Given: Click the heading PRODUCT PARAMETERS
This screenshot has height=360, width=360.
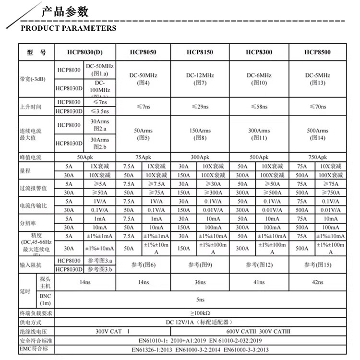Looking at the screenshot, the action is coord(69,28).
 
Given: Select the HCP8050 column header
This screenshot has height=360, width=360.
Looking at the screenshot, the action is coord(143,52).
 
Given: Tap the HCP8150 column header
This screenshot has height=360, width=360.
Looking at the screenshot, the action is coord(200,52).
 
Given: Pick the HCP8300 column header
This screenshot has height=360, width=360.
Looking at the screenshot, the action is coord(259,52).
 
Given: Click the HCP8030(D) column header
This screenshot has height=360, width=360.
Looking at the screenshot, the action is coord(84,52).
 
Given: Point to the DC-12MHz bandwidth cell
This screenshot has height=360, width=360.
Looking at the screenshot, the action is coord(200,79).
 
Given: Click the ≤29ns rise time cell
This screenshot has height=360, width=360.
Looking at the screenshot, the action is coord(200,107).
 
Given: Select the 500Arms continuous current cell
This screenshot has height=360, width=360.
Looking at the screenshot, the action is coord(318,134).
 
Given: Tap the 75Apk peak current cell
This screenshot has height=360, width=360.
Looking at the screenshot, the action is coord(143,157).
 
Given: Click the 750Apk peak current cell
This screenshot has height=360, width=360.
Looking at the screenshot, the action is coord(318,157).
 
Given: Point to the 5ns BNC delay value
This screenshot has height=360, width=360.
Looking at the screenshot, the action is coord(200,300).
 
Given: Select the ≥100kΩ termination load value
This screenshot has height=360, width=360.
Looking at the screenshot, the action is coord(200,313).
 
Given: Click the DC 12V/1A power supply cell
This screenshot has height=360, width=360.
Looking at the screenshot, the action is coord(200,322).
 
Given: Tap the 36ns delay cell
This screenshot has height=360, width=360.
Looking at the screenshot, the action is coord(200,282).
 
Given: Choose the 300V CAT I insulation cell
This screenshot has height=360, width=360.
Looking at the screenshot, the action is coord(113,331).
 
